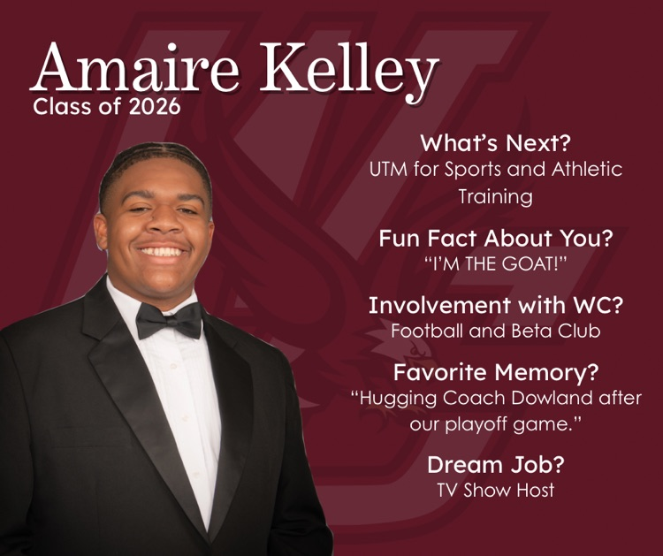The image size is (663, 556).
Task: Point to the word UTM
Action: click(x=390, y=169)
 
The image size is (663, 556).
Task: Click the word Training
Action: click(x=495, y=196)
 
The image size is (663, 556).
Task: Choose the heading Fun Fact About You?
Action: click(x=495, y=238)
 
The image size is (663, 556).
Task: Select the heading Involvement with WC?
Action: click(x=496, y=306)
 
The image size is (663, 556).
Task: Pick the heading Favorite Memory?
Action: click(x=496, y=371)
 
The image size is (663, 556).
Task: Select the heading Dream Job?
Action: click(x=496, y=464)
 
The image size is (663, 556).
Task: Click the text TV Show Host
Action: click(x=496, y=489)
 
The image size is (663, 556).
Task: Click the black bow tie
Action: click(x=169, y=320)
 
